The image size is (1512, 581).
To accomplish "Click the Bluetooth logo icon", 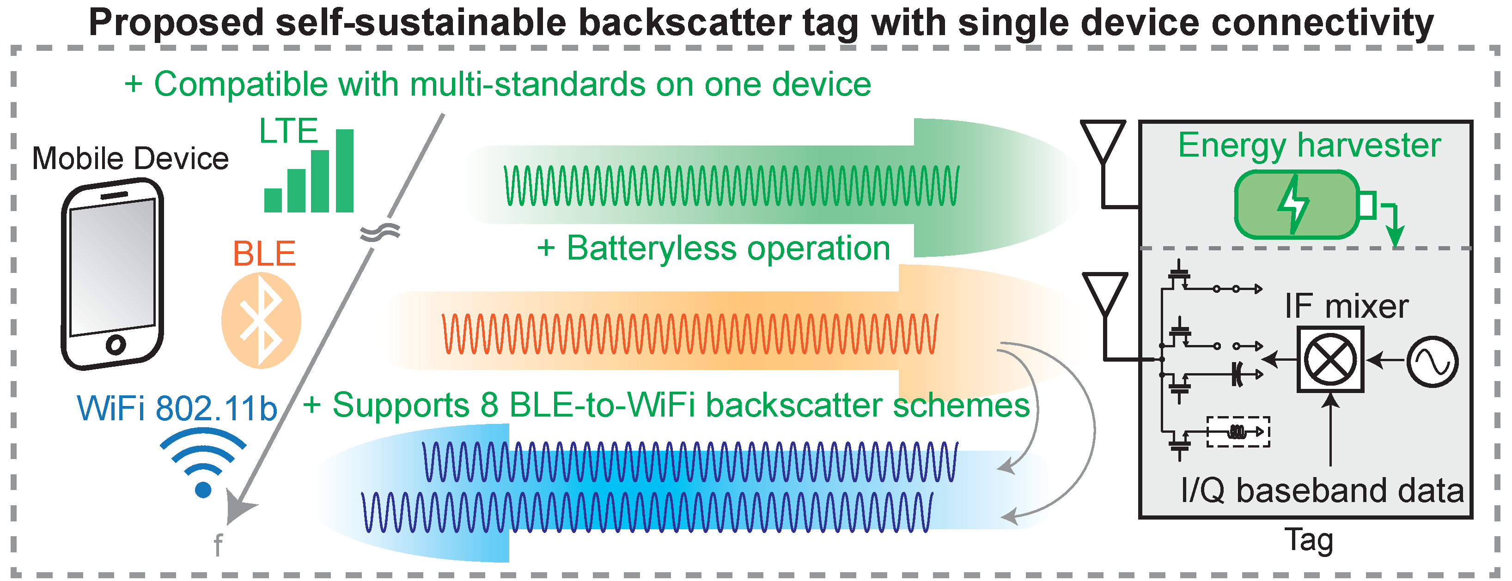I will point(261,321).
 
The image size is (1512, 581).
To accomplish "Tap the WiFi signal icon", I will point(203,464).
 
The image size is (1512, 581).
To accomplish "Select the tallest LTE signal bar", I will point(345,170).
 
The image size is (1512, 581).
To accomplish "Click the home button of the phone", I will point(116,344).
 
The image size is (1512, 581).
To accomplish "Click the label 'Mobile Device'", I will point(130,158).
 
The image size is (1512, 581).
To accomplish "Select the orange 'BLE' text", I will point(264,254).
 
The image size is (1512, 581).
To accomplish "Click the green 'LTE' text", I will point(288,130).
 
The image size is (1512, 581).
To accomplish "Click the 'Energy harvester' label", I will point(1309,145).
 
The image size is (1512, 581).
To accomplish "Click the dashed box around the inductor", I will point(1238,432).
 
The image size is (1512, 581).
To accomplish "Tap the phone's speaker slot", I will point(115,195).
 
